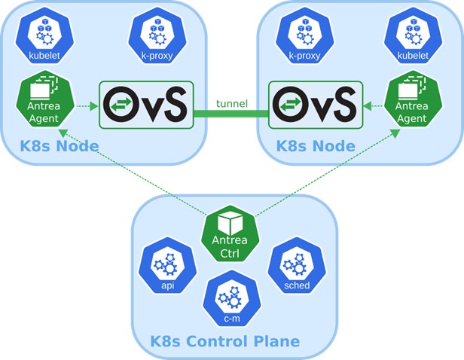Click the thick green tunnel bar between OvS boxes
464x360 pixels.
click(230, 114)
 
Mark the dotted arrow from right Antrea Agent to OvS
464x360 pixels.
click(369, 106)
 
